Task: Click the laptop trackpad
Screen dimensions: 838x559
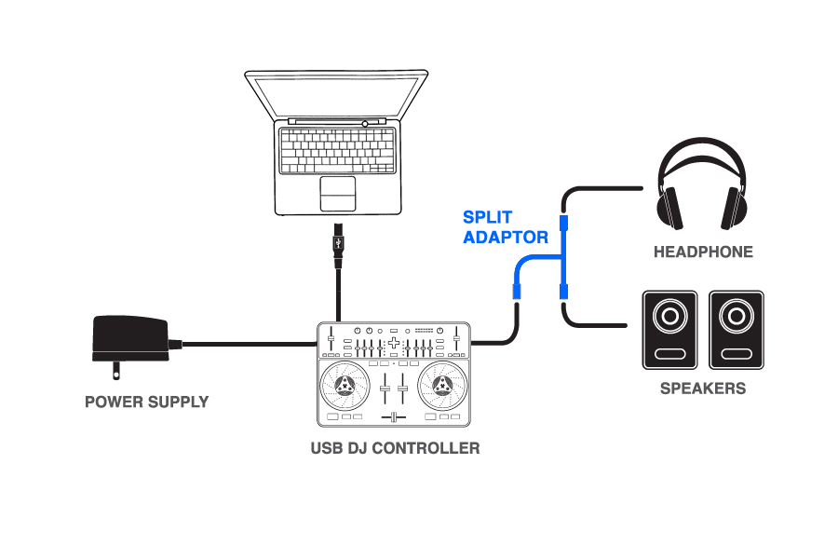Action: (x=338, y=194)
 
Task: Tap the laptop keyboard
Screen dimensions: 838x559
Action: (x=338, y=150)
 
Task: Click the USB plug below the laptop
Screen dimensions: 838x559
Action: (x=338, y=245)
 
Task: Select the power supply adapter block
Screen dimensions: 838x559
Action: (x=130, y=339)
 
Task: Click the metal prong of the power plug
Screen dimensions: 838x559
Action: (x=116, y=371)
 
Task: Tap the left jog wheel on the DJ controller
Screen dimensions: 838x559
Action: (x=345, y=385)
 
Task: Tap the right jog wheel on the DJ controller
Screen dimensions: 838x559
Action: (x=442, y=385)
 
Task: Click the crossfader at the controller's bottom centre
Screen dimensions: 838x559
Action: (x=394, y=417)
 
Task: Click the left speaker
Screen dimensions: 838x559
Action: (x=669, y=330)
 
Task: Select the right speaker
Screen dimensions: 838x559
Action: (x=737, y=330)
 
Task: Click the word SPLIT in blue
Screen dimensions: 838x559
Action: (x=487, y=217)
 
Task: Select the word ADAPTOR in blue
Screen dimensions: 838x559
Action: (x=506, y=237)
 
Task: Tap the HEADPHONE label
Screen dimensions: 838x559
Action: (x=703, y=252)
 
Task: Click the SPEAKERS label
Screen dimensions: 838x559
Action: (x=703, y=389)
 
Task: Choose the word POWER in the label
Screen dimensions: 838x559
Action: (x=114, y=402)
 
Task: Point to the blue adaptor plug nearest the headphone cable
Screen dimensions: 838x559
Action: (x=563, y=223)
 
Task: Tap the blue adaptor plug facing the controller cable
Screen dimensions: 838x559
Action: (x=517, y=292)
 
